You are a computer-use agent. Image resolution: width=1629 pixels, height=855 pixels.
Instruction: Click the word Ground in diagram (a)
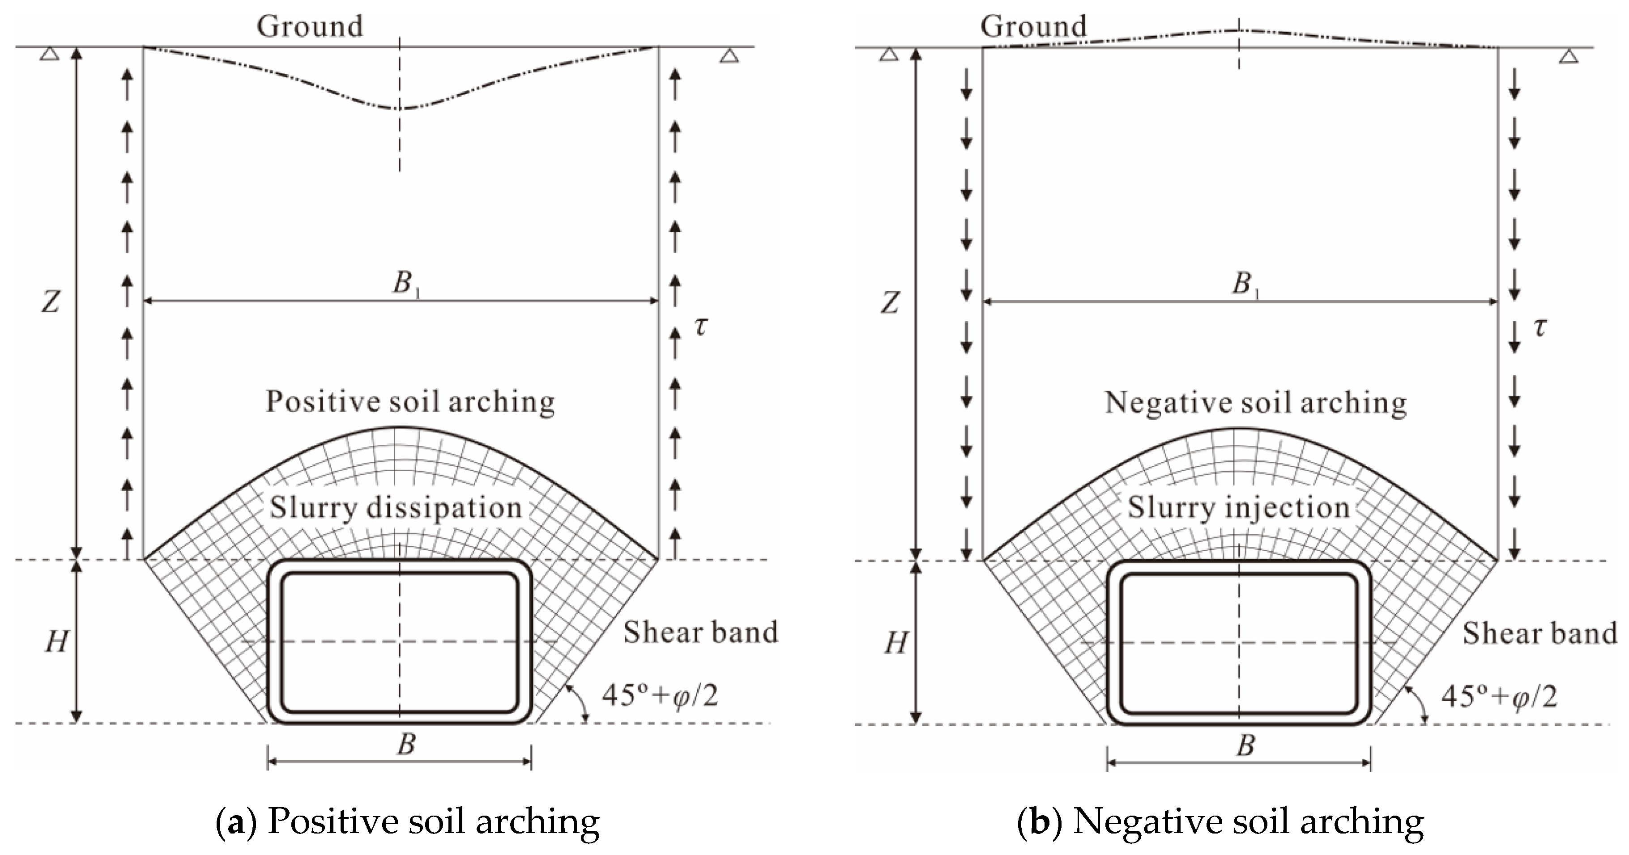(x=309, y=26)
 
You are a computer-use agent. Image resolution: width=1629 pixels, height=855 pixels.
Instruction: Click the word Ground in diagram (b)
(x=1033, y=26)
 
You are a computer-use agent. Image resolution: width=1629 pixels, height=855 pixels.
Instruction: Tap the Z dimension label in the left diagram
(x=51, y=302)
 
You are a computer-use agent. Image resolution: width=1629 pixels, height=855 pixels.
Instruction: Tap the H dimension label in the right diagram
(x=896, y=643)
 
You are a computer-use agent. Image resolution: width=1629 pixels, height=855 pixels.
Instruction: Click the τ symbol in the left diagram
(x=701, y=326)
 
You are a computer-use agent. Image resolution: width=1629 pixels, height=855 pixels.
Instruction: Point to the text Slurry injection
(x=1238, y=508)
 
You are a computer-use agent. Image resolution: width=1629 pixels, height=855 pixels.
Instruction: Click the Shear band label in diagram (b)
(x=1539, y=633)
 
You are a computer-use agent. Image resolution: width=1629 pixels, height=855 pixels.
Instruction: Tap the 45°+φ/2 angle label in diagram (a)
(x=660, y=695)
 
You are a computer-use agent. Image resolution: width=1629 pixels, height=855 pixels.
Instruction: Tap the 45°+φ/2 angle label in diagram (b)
(x=1499, y=696)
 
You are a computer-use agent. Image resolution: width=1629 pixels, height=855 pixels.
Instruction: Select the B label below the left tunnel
(x=406, y=744)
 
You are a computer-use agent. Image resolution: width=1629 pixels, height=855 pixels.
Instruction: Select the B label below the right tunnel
(x=1245, y=745)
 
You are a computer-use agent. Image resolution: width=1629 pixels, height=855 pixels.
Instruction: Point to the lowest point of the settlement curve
(x=398, y=109)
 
